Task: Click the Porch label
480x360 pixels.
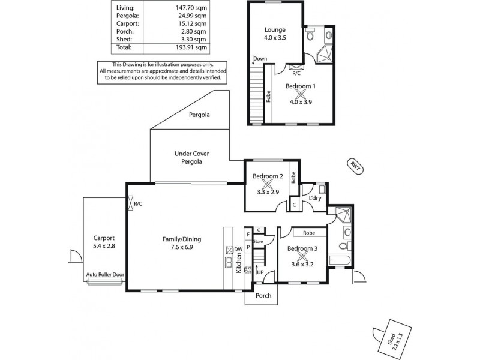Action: click(263, 295)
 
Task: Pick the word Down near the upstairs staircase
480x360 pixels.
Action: click(260, 58)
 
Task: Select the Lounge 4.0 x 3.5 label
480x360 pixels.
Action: click(275, 34)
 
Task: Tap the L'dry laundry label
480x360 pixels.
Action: click(313, 198)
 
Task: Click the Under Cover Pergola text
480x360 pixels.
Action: click(188, 157)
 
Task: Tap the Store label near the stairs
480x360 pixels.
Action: click(258, 241)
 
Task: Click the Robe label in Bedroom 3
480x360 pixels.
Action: click(309, 232)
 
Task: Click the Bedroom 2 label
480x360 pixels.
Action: click(268, 176)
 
